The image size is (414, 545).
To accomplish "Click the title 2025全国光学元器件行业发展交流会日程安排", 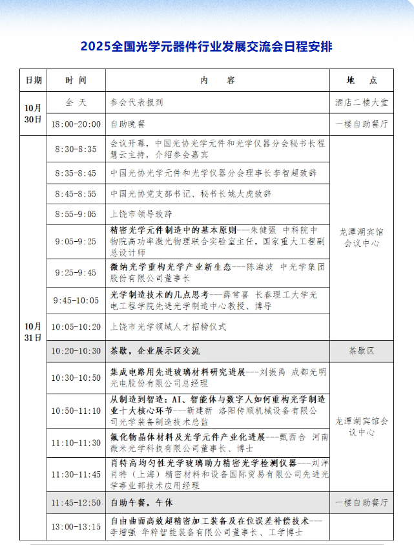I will coord(207,47).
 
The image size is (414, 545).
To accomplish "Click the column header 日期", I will coord(34,80).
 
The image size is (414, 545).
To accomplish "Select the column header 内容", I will coord(218,80).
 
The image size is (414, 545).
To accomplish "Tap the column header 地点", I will coord(362,80).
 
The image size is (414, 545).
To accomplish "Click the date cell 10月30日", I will coord(34,113).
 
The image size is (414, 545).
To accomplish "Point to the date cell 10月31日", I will coord(34,331).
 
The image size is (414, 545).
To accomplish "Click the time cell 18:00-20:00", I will coord(76,124).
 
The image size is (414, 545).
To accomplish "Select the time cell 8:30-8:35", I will coord(76,149).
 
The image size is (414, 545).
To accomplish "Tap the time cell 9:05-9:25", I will coord(76,241).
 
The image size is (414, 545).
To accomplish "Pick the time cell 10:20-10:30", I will coord(76,351).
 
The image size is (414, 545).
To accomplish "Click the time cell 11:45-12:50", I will coord(76,502).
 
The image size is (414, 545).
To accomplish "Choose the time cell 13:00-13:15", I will coord(76,526).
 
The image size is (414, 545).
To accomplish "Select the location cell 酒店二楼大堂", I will coord(362,102).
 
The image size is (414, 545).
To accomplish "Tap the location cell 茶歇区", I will coord(362,351).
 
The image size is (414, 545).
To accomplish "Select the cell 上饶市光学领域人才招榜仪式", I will coord(169,326).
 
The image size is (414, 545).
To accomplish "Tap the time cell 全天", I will coord(76,102).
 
